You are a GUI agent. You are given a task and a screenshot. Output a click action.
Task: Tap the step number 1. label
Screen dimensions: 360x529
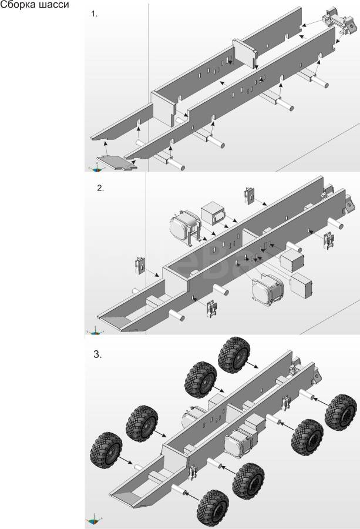95,14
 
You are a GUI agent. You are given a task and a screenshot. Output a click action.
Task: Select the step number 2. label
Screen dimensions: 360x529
100,188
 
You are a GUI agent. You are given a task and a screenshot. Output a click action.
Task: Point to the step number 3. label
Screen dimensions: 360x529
97,354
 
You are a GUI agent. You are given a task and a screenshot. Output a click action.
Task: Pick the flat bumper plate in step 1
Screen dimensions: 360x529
117,163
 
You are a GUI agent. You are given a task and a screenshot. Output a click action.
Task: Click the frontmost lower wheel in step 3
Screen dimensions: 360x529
213,508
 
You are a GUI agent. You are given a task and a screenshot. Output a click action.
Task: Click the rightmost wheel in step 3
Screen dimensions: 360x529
341,412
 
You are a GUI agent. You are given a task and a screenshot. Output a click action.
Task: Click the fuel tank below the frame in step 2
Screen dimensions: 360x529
268,289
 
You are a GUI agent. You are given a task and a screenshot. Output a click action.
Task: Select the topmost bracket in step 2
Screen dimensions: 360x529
250,195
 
